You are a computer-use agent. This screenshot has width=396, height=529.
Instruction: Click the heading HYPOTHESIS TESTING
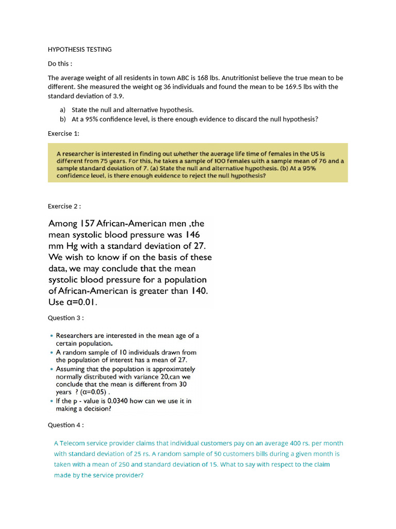click(79, 50)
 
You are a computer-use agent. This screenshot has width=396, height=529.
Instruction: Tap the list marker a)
click(63, 110)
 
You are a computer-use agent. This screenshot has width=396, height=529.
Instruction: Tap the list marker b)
click(63, 119)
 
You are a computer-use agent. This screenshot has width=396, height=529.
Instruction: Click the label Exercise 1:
click(64, 133)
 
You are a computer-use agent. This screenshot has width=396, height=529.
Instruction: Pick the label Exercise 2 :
click(64, 206)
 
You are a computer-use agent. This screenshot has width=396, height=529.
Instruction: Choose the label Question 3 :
click(65, 318)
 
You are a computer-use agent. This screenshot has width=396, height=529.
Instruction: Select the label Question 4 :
click(65, 425)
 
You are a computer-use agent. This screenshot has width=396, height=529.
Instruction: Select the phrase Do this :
click(60, 64)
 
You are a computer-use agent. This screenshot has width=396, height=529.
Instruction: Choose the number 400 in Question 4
click(282, 443)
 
